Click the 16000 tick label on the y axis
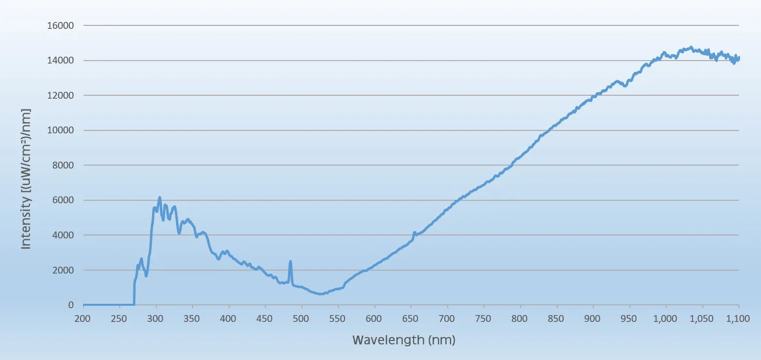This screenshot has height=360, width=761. pyautogui.click(x=60, y=25)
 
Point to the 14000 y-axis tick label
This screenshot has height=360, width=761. pyautogui.click(x=60, y=61)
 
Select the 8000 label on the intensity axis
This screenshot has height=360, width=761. pyautogui.click(x=62, y=166)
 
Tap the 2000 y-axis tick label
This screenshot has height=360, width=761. pyautogui.click(x=62, y=270)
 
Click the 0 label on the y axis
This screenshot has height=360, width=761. pyautogui.click(x=71, y=305)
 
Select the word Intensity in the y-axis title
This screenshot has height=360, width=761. pyautogui.click(x=26, y=227)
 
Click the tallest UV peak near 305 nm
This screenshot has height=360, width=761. pyautogui.click(x=159, y=198)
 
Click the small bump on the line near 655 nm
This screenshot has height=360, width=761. pyautogui.click(x=414, y=233)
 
